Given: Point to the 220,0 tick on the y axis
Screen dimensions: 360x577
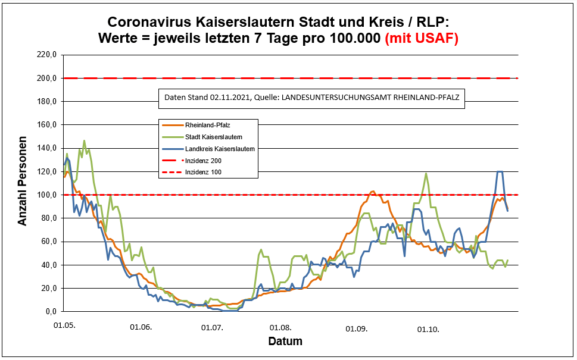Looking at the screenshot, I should [46, 55].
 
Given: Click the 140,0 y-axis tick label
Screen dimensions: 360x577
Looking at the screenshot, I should [46, 148].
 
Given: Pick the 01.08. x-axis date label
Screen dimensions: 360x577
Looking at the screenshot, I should [280, 328].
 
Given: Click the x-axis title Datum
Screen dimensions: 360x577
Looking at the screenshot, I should [285, 342].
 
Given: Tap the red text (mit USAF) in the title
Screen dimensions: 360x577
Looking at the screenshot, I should [422, 39].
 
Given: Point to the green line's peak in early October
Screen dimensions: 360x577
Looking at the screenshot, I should [426, 174].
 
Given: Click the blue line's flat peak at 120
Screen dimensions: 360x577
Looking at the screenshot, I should [500, 171].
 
